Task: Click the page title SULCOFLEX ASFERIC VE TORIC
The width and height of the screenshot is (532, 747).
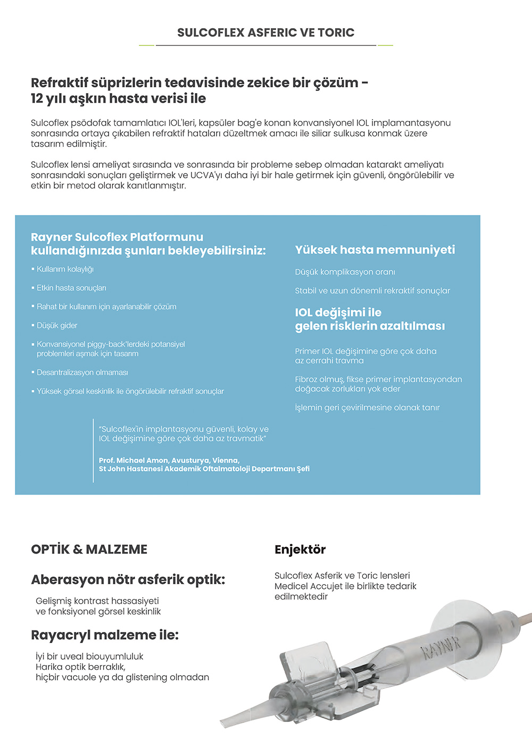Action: (x=265, y=32)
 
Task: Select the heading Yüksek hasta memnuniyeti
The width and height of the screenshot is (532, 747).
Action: (x=375, y=250)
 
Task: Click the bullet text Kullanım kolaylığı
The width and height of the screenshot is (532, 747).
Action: (x=65, y=269)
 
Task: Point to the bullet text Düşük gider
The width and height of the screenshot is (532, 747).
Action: (x=57, y=325)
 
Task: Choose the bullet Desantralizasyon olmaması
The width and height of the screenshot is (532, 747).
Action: (x=82, y=373)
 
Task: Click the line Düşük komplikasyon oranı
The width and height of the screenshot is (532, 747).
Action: (x=345, y=272)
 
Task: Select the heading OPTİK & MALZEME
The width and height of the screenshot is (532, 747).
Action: (x=89, y=549)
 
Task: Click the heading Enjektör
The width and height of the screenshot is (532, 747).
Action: (x=300, y=549)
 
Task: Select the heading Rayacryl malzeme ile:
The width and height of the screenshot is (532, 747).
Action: (x=105, y=635)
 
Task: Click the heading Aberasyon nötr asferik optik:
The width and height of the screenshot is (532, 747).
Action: (x=128, y=579)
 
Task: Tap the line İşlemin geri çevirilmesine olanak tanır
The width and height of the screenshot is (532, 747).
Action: (x=367, y=408)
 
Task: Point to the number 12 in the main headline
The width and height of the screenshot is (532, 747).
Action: (x=37, y=98)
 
